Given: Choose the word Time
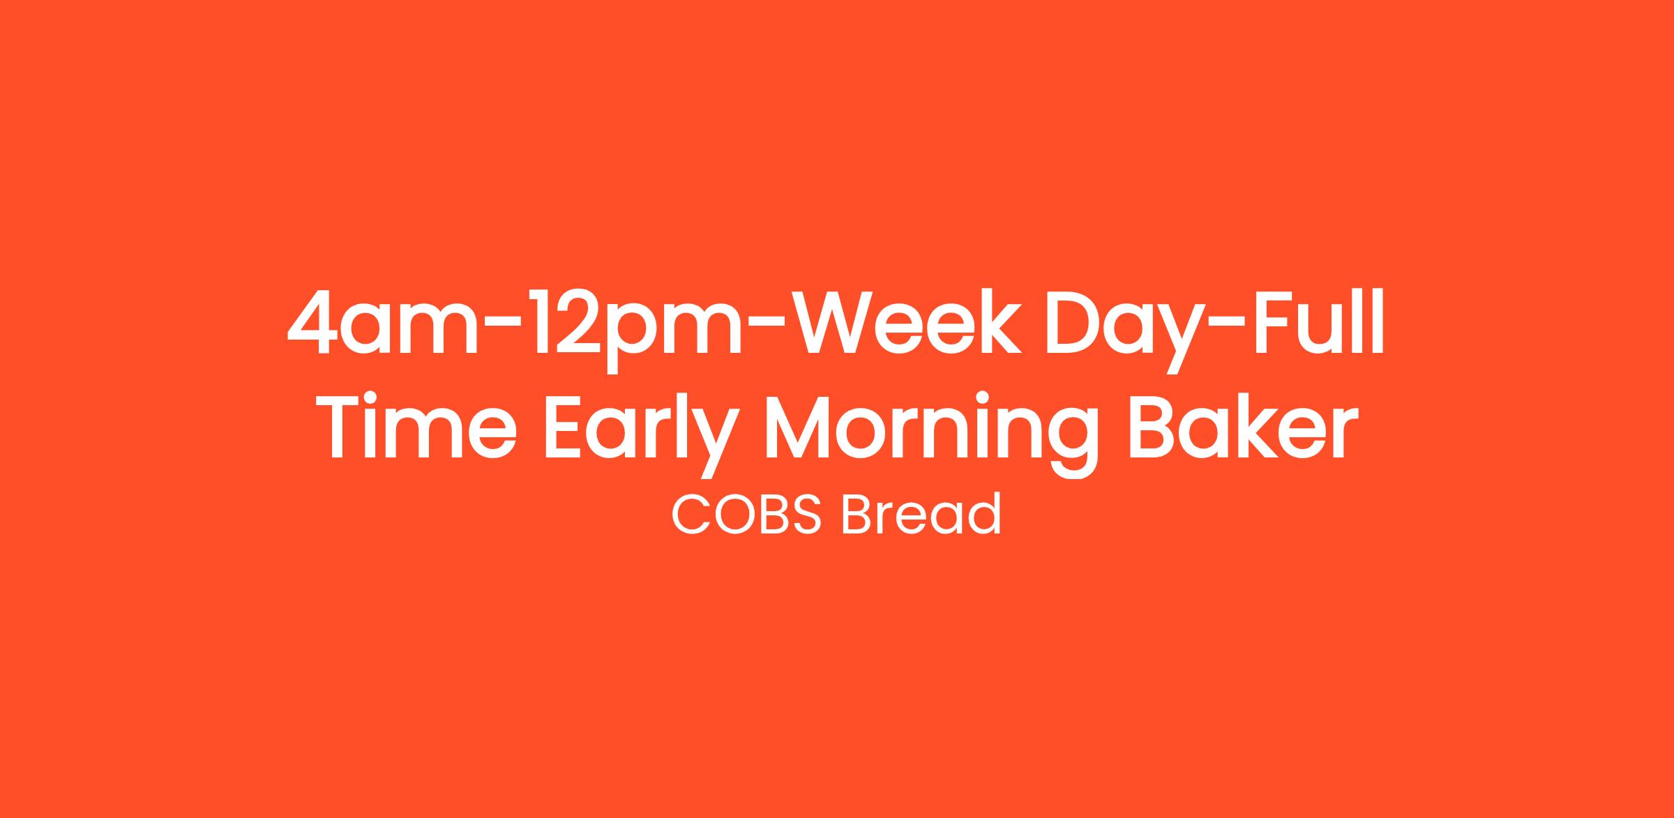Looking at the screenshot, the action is coord(423,425).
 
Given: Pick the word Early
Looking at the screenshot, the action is coord(639,436).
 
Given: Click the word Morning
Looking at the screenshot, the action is coord(931,436).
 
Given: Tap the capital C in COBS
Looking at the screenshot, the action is coord(690,515).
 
